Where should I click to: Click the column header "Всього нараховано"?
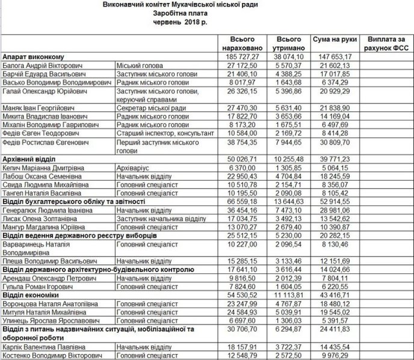pos(238,43)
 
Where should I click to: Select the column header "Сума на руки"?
pos(331,39)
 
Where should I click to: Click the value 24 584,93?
pos(241,314)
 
